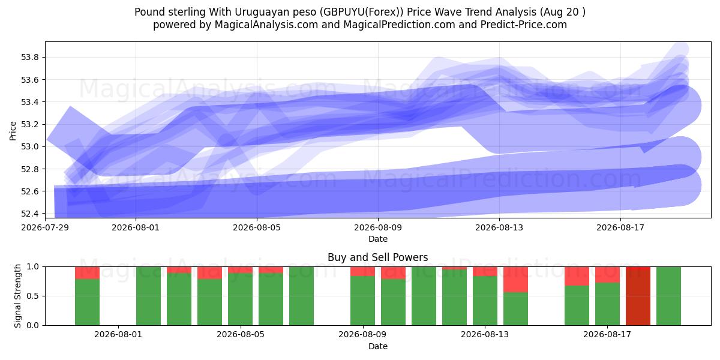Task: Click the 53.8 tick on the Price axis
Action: [x=29, y=58]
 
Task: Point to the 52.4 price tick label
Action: [x=29, y=214]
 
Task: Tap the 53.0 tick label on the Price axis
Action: [x=29, y=147]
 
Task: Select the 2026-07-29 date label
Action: [x=45, y=227]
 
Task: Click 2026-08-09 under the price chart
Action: [x=378, y=227]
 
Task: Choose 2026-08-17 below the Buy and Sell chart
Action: [x=607, y=334]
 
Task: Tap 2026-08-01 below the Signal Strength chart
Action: [x=118, y=334]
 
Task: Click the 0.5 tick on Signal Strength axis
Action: [x=32, y=296]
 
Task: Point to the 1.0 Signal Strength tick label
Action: [x=32, y=267]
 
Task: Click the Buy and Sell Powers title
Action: [x=377, y=257]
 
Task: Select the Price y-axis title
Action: [x=13, y=131]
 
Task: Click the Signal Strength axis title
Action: [x=17, y=296]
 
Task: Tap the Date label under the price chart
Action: [x=378, y=239]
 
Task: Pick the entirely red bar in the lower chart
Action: [x=638, y=296]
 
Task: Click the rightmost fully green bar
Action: [x=668, y=296]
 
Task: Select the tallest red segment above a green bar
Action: [x=515, y=280]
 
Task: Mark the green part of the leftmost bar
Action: [x=87, y=302]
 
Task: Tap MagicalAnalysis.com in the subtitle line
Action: [x=266, y=25]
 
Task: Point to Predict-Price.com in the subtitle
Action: [x=524, y=25]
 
